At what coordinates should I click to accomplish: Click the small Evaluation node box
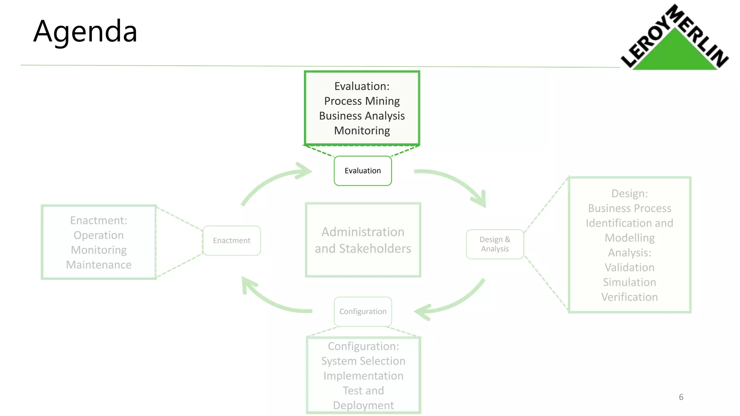point(362,171)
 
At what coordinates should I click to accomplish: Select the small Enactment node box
point(232,240)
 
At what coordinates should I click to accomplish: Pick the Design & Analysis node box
point(495,244)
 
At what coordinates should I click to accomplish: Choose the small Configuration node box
point(363,311)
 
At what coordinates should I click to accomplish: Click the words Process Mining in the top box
point(362,101)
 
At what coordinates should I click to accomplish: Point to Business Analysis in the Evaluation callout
point(362,116)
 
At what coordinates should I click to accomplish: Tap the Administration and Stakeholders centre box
point(363,240)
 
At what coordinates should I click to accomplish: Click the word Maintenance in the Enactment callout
point(99,265)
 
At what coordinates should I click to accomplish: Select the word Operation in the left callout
point(99,235)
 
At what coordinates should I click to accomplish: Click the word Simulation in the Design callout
point(629,282)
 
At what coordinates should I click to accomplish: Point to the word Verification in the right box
point(629,297)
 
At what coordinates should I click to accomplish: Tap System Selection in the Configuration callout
point(363,361)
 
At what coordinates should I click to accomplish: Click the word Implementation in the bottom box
point(363,376)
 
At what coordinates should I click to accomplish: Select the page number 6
point(681,397)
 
